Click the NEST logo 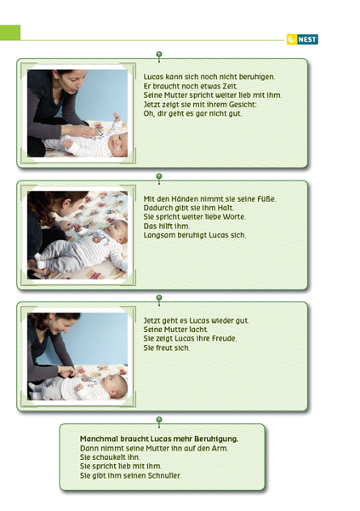[x=302, y=39]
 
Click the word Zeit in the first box [x=230, y=86]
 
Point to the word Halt [x=226, y=208]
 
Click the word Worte [x=234, y=217]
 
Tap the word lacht [x=198, y=330]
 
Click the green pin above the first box [x=159, y=55]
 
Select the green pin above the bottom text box [x=159, y=420]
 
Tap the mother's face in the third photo [x=67, y=323]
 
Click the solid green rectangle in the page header [x=10, y=32]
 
